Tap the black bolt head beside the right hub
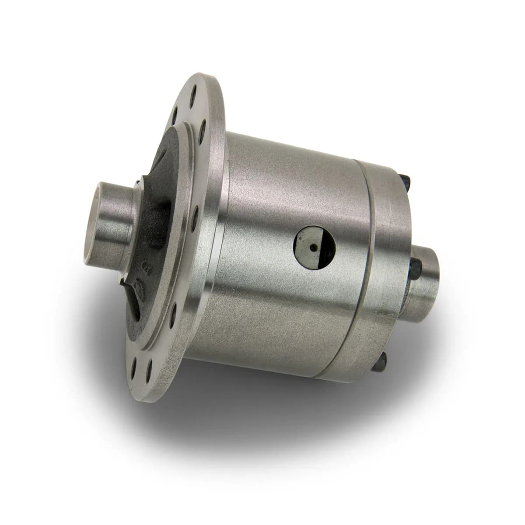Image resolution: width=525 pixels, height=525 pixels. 415,264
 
